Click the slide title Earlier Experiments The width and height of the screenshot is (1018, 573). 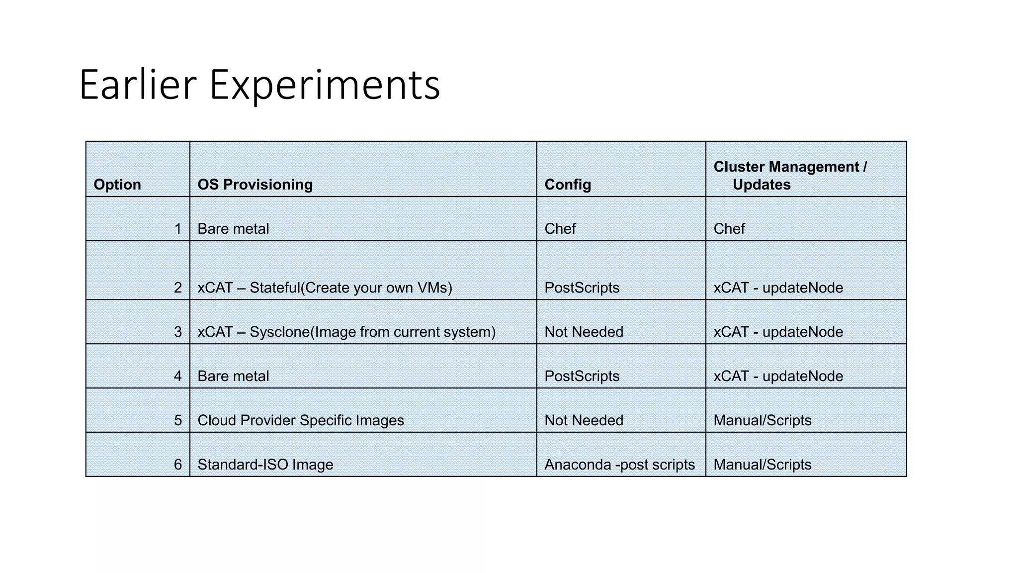259,85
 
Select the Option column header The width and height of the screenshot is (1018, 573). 117,185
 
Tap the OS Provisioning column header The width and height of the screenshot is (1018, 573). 255,185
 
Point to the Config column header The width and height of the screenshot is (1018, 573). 568,185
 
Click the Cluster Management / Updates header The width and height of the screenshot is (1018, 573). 790,176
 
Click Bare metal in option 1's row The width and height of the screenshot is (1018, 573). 233,229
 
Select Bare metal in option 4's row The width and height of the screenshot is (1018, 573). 233,376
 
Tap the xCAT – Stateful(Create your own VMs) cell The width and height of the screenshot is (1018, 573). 325,287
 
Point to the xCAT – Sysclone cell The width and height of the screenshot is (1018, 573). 346,332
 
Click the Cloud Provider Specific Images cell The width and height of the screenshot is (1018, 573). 301,420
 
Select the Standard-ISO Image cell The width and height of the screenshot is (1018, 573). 265,465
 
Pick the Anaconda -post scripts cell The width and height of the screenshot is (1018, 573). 619,465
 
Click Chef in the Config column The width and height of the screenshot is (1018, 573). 560,229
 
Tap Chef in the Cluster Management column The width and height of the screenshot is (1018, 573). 729,229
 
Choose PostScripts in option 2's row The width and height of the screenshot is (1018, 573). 582,287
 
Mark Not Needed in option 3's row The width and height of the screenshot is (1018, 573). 584,332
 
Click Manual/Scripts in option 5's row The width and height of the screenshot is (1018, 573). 763,420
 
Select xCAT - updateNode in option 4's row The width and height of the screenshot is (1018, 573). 778,376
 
